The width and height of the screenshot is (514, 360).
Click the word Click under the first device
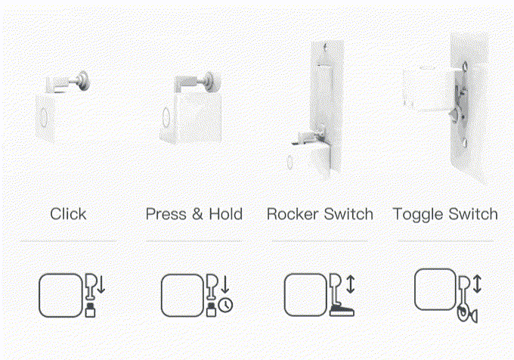(x=68, y=214)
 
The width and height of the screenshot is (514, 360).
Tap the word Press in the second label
(x=166, y=214)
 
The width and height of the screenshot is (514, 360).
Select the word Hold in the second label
(x=226, y=214)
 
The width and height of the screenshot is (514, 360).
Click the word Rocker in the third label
(x=293, y=214)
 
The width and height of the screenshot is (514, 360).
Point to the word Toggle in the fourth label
(x=418, y=215)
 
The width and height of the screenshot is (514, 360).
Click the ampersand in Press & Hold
(x=197, y=214)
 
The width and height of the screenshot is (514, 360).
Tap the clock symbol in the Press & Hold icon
(x=225, y=305)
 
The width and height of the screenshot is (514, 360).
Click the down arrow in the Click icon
(x=101, y=284)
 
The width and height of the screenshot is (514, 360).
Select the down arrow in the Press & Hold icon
(x=225, y=284)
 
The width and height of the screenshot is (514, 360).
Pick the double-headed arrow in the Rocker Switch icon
(x=351, y=284)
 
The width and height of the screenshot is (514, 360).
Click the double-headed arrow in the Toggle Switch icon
(x=477, y=284)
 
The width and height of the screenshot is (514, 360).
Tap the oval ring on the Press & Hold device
(x=166, y=117)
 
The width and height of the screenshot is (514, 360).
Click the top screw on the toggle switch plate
(x=464, y=67)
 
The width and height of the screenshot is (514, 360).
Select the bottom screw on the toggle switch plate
(x=463, y=143)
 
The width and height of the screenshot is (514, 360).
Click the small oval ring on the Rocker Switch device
(x=290, y=162)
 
